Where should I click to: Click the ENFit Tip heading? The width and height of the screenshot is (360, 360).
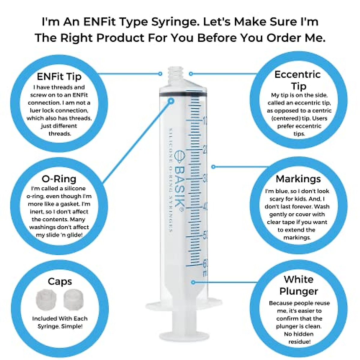pos(59,76)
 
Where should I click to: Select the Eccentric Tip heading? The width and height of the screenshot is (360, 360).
pos(298,80)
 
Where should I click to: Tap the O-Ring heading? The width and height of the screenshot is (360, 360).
pos(59,179)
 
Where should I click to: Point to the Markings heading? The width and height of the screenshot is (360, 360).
pos(298,179)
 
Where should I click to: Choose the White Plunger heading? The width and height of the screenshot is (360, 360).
pos(298,285)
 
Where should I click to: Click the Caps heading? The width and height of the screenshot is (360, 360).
pos(60,281)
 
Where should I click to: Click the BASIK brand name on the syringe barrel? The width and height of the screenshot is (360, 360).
pos(179,186)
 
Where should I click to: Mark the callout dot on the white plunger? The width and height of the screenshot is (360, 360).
pos(193,282)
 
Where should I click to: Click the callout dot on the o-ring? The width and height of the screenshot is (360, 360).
pos(171,101)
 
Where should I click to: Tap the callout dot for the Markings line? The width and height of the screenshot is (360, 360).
pos(213,166)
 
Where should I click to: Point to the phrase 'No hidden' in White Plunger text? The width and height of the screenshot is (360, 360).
pos(298,334)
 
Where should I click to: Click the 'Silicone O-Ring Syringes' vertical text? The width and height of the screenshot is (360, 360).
pos(171,180)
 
